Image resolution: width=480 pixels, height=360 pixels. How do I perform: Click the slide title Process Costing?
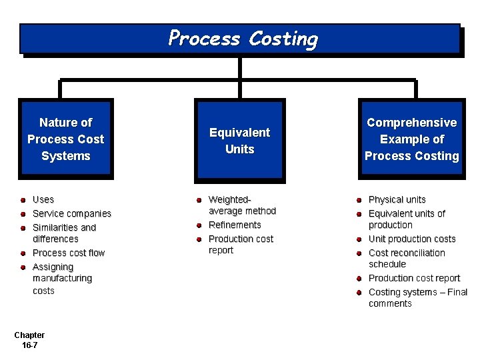click(x=243, y=38)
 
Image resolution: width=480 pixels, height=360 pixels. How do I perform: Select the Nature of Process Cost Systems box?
click(x=66, y=139)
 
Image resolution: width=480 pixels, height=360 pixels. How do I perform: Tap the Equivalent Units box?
click(x=239, y=141)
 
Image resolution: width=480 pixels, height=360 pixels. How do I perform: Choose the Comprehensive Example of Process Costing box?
click(x=411, y=139)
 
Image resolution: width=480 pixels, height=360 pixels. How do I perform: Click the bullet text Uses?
click(x=43, y=199)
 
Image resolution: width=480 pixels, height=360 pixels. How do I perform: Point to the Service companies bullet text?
click(x=71, y=213)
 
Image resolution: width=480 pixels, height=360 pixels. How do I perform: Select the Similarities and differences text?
click(x=64, y=233)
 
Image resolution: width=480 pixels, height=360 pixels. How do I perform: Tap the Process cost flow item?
click(x=69, y=253)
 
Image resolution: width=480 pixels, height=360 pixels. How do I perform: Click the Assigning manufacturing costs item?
click(x=62, y=279)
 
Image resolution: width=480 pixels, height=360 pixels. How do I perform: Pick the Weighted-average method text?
click(x=242, y=205)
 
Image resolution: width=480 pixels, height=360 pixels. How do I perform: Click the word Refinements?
click(x=235, y=225)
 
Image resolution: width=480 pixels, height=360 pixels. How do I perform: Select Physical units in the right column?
click(x=397, y=199)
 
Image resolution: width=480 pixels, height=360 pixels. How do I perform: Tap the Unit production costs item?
click(x=412, y=239)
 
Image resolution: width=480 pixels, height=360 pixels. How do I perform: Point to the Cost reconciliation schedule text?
click(x=407, y=258)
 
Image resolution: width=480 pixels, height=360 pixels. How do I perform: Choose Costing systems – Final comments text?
click(x=417, y=297)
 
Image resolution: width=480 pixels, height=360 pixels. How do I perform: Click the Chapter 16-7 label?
click(x=29, y=340)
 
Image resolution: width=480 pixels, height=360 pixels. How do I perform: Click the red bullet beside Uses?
click(x=23, y=199)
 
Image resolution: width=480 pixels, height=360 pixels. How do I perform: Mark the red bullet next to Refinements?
click(x=199, y=225)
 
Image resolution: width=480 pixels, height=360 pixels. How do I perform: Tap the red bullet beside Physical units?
click(x=358, y=199)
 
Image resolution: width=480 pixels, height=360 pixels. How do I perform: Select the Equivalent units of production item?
click(x=407, y=219)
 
